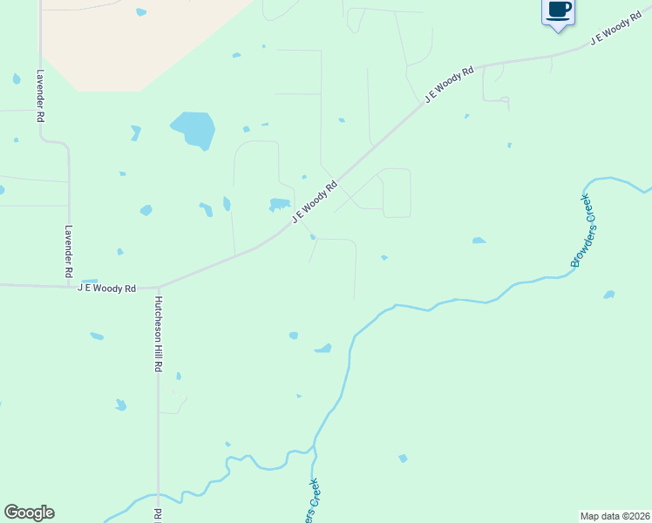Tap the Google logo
click(x=29, y=513)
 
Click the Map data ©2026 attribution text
click(x=615, y=515)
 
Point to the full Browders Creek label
click(x=581, y=231)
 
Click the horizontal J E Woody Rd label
click(x=107, y=288)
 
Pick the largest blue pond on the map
click(x=194, y=129)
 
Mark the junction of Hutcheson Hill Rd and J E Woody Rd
click(x=159, y=286)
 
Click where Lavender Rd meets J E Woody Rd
click(x=69, y=285)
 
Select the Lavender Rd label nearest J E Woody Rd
click(x=69, y=252)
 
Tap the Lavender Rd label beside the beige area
click(x=41, y=96)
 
